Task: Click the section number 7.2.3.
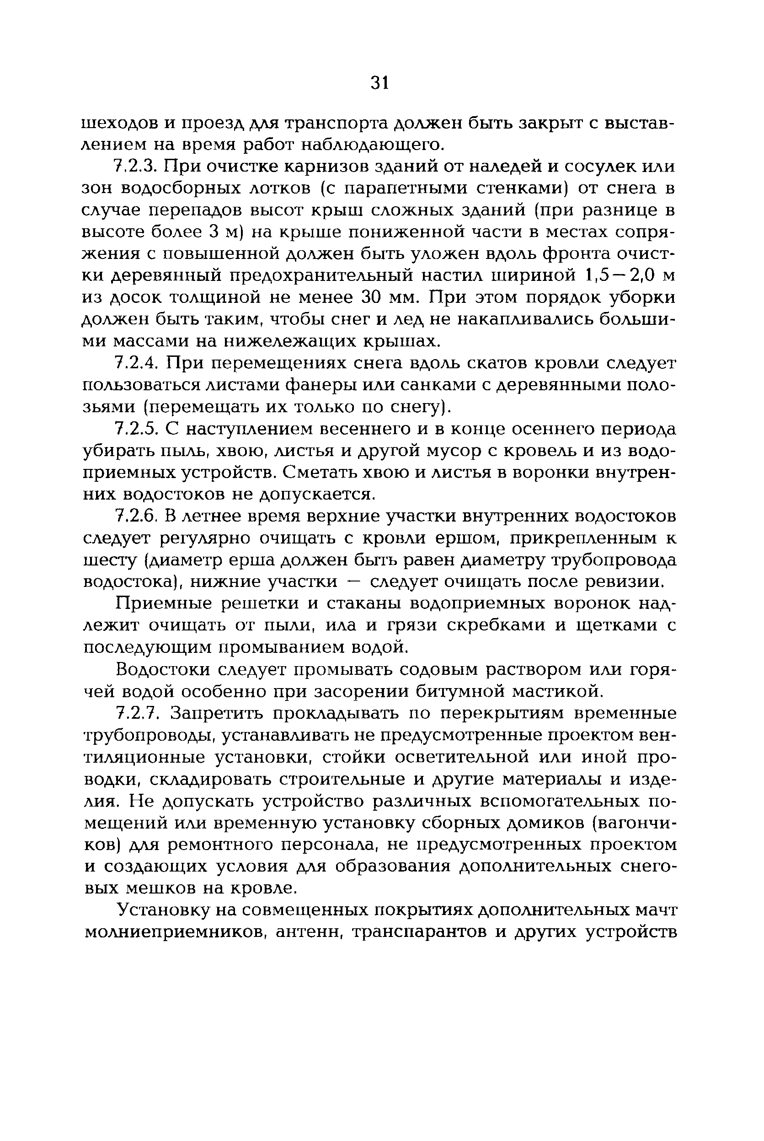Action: pos(136,166)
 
